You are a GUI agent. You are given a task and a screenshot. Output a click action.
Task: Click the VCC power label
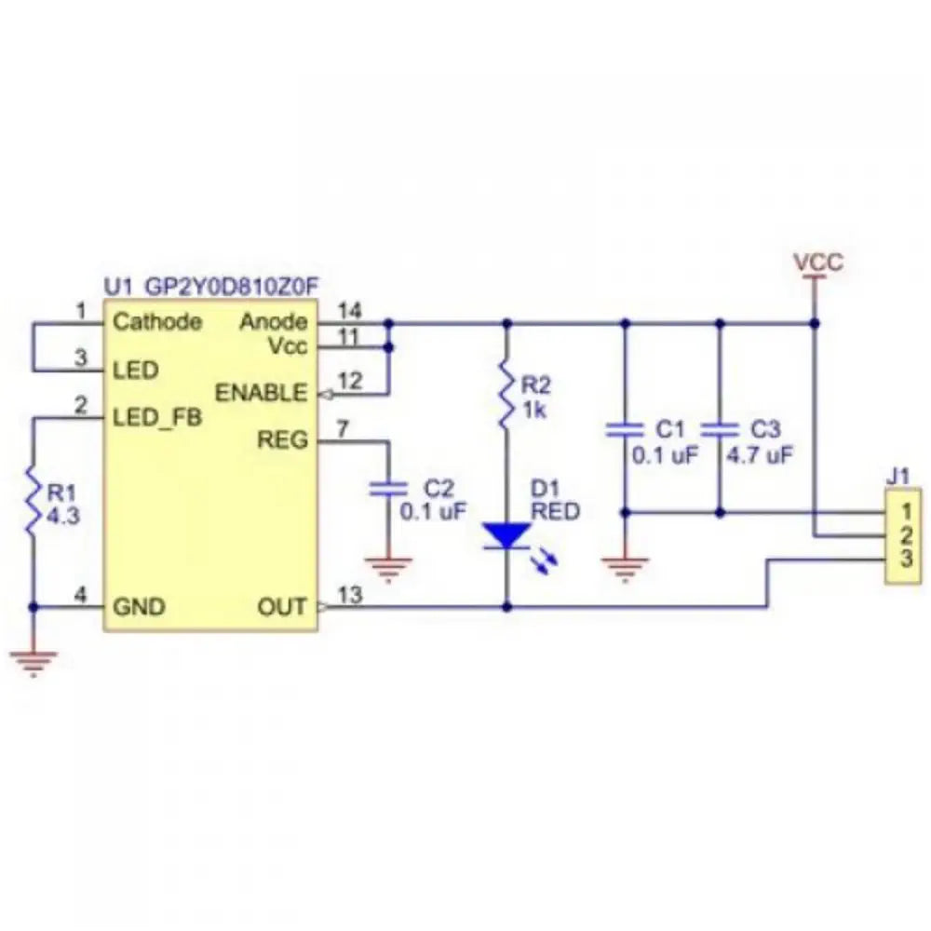click(818, 262)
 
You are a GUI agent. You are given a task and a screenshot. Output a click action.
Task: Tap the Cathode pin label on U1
click(157, 322)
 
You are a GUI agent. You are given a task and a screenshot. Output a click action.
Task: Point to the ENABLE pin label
click(261, 392)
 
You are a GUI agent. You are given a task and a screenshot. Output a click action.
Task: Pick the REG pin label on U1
click(284, 439)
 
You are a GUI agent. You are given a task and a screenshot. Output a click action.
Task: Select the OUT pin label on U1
click(281, 607)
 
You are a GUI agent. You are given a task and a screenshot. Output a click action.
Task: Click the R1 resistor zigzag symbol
click(34, 505)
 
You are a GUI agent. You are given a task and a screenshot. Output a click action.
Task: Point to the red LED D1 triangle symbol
click(506, 535)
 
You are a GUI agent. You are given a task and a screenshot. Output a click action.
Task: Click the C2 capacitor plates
click(388, 489)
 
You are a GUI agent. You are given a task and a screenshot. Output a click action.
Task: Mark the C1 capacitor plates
click(625, 430)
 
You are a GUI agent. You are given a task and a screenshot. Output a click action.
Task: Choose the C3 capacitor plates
click(720, 430)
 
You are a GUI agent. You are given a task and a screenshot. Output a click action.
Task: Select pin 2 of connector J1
click(900, 534)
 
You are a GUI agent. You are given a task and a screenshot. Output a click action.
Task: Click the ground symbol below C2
click(388, 564)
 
